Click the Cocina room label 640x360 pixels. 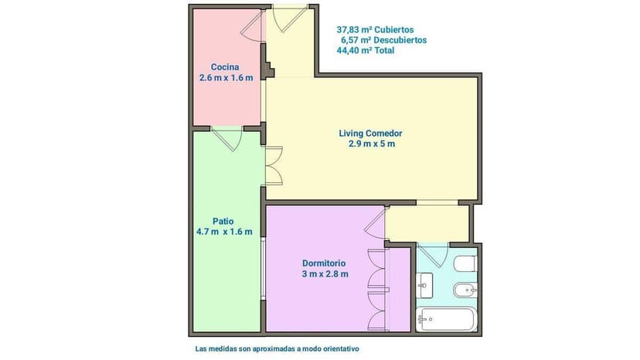[x=225, y=67]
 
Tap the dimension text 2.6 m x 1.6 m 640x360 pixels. [x=226, y=77]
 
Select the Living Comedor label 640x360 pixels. [x=370, y=134]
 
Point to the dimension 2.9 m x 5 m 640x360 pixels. [x=372, y=144]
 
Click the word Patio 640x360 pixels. [x=223, y=221]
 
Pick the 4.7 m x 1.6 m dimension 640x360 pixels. [x=224, y=232]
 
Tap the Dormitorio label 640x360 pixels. [x=324, y=263]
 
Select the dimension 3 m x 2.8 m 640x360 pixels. [x=325, y=274]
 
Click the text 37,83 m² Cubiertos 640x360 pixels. [x=375, y=30]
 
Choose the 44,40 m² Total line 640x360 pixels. [x=366, y=51]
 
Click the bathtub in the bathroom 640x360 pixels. [x=446, y=319]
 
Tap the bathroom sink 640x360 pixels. [x=424, y=285]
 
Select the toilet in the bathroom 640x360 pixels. [x=465, y=263]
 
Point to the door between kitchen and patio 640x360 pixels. [x=227, y=139]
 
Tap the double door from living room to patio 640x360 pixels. [x=274, y=165]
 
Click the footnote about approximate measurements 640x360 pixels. [x=277, y=349]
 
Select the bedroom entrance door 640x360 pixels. [x=375, y=223]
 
